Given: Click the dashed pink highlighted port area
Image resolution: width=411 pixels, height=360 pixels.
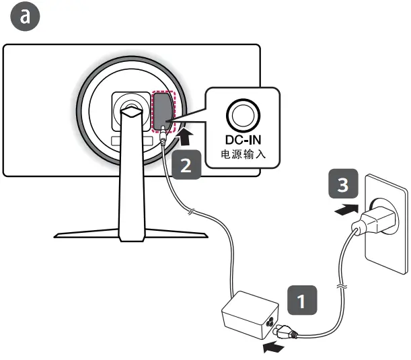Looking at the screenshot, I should (163, 111).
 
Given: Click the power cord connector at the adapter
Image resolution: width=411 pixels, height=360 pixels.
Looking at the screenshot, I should (285, 330).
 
